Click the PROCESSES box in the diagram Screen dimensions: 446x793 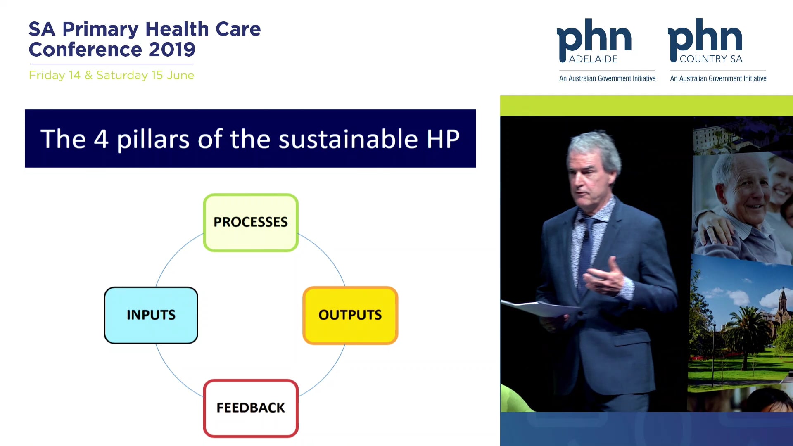coord(251,222)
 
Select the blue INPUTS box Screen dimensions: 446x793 coord(151,315)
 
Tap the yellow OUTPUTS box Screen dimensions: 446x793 coord(350,315)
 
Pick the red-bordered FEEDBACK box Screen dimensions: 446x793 coord(251,408)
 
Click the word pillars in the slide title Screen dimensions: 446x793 coord(153,139)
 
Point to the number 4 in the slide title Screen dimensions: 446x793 coord(101,139)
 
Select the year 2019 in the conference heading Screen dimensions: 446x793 coord(172,50)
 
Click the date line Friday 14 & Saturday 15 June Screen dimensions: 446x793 coord(112,75)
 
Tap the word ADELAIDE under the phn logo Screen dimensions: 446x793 coord(593,59)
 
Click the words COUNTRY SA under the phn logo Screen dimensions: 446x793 coord(711,59)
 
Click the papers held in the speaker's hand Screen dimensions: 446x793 coord(537,308)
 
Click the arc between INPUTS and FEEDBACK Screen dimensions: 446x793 coord(173,374)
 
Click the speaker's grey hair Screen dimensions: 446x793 coord(595,145)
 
